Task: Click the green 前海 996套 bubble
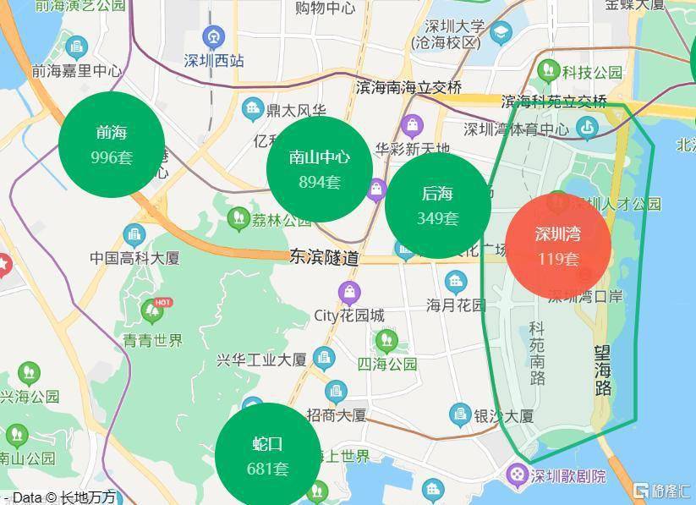click(112, 145)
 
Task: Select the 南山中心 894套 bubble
click(319, 169)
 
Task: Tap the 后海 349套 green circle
click(437, 206)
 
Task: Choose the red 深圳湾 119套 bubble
click(558, 246)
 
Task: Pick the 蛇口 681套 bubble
click(267, 455)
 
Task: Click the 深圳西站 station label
click(214, 61)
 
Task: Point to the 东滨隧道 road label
click(324, 257)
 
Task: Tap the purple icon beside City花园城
click(348, 294)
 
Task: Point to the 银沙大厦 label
click(503, 416)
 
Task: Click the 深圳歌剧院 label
click(567, 476)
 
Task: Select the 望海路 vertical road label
click(603, 370)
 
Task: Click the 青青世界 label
click(152, 341)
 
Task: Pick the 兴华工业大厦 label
click(261, 360)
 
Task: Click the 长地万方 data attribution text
click(88, 497)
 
